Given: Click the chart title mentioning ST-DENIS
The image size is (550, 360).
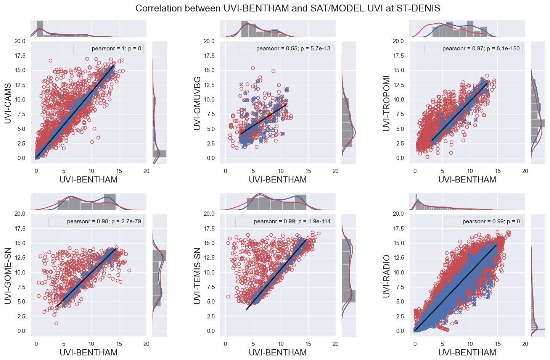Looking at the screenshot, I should pyautogui.click(x=288, y=8).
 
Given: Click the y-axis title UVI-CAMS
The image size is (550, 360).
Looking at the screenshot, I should pyautogui.click(x=8, y=102).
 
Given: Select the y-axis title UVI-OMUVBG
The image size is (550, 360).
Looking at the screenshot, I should pyautogui.click(x=198, y=103).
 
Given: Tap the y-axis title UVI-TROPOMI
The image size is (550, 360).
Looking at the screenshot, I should pyautogui.click(x=387, y=103).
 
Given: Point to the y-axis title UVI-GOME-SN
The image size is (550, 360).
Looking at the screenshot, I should pyautogui.click(x=8, y=276).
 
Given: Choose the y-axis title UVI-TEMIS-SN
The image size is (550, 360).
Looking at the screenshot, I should pyautogui.click(x=198, y=276).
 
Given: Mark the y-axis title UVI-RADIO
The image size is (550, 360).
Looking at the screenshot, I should pyautogui.click(x=387, y=276).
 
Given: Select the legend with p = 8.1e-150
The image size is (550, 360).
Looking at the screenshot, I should pyautogui.click(x=473, y=49).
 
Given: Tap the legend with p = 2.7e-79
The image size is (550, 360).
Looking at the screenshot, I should pyautogui.click(x=96, y=221).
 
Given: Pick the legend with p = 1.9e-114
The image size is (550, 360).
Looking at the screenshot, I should pyautogui.click(x=284, y=221).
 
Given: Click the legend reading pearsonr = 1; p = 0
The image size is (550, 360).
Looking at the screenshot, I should pyautogui.click(x=109, y=49).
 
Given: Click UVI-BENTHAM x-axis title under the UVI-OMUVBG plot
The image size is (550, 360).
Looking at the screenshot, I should pyautogui.click(x=278, y=180).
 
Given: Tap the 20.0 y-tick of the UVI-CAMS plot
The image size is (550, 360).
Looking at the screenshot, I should pyautogui.click(x=20, y=41).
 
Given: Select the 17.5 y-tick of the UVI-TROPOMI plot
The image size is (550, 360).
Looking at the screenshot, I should pyautogui.click(x=399, y=56).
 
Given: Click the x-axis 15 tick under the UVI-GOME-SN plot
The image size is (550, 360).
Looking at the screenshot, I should pyautogui.click(x=119, y=344).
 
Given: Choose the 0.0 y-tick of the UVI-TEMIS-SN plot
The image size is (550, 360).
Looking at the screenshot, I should pyautogui.click(x=209, y=331).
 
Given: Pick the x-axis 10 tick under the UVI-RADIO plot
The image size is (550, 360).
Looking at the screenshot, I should pyautogui.click(x=470, y=344).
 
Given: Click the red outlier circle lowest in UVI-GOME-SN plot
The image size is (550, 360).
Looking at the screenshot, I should pyautogui.click(x=56, y=323).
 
